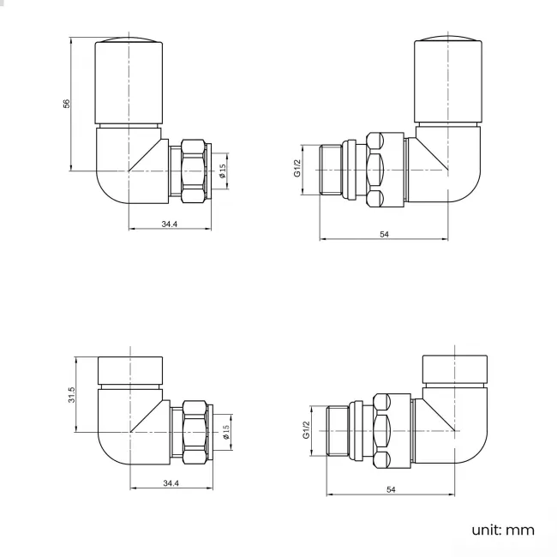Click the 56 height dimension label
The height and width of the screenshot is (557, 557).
[x=66, y=104]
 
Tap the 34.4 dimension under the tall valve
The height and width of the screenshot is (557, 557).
[x=169, y=224]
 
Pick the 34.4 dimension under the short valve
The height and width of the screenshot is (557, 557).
[x=171, y=484]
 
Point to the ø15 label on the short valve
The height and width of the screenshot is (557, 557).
[x=226, y=433]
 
